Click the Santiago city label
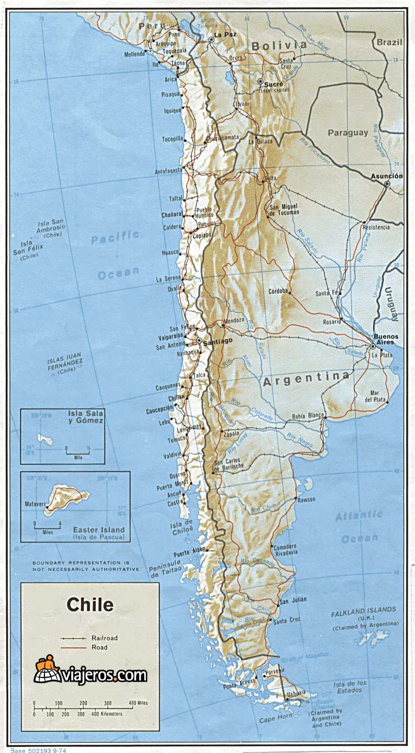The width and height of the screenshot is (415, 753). [x=218, y=341]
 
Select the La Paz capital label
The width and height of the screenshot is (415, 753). [x=225, y=35]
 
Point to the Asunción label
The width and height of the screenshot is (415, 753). [x=387, y=176]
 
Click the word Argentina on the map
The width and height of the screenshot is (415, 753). [x=305, y=379]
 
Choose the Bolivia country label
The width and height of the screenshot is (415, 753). [x=279, y=46]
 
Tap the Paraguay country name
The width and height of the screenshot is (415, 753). [x=348, y=133]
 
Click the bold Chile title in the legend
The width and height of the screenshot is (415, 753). [x=90, y=605]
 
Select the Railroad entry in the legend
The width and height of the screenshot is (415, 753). [x=104, y=638]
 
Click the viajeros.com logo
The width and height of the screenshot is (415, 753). [x=91, y=674]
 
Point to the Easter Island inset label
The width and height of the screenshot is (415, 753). [x=99, y=530]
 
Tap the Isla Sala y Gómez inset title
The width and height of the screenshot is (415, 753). [x=86, y=417]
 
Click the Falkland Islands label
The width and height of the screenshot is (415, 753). [x=364, y=610]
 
